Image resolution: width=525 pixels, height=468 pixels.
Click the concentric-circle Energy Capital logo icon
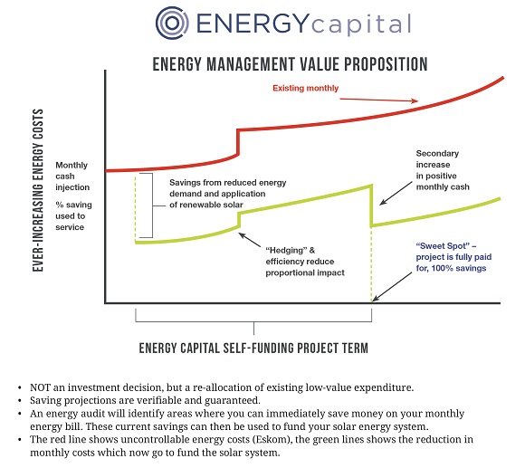tap(172, 24)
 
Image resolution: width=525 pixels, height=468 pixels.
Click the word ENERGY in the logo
tap(252, 24)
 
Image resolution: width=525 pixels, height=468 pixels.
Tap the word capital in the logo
tap(361, 25)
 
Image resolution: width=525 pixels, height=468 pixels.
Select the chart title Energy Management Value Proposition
tap(290, 64)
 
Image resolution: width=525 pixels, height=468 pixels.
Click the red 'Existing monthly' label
tap(305, 88)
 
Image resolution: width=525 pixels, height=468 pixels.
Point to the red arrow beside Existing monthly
tap(378, 100)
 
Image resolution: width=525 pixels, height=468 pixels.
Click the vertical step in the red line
tap(238, 142)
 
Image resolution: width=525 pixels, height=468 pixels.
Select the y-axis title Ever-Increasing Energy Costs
tap(38, 190)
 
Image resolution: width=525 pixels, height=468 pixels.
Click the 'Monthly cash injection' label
tap(72, 177)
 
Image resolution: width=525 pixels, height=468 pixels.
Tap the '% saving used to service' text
tap(73, 216)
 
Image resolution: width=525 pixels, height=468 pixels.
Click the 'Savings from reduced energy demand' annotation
tap(228, 194)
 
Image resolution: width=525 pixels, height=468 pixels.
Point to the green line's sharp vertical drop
tap(372, 205)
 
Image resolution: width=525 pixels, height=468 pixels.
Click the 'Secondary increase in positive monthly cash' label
tap(443, 170)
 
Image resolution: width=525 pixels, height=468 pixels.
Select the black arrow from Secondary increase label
tap(396, 193)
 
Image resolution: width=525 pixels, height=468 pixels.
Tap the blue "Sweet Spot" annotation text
tap(453, 257)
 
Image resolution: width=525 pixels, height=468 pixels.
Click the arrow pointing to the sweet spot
tap(392, 287)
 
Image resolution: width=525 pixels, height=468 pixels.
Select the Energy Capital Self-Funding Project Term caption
tap(253, 349)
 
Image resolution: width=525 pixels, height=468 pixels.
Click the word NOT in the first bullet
tap(40, 387)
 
